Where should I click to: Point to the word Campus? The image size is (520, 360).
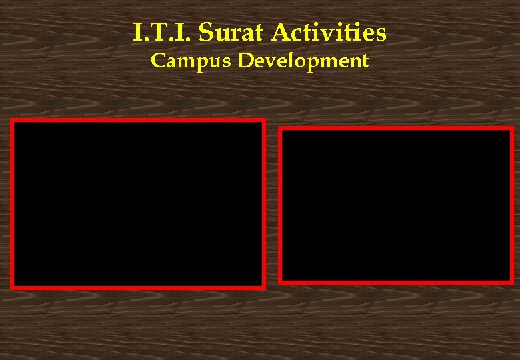192,61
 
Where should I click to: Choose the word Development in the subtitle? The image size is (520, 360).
303,61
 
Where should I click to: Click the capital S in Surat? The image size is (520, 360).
206,31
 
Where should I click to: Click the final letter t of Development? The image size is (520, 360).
365,61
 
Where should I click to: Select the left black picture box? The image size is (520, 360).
138,204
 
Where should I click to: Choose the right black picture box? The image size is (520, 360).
396,205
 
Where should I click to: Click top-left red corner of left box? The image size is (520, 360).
12,121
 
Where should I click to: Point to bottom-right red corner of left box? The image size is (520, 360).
263,287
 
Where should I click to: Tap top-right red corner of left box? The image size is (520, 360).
263,121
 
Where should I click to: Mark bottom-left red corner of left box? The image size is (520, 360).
12,287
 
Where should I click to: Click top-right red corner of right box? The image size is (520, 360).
511,129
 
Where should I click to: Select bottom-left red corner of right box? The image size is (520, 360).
281,282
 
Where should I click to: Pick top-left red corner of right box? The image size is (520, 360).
281,129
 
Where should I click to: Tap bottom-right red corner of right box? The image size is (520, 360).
511,282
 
